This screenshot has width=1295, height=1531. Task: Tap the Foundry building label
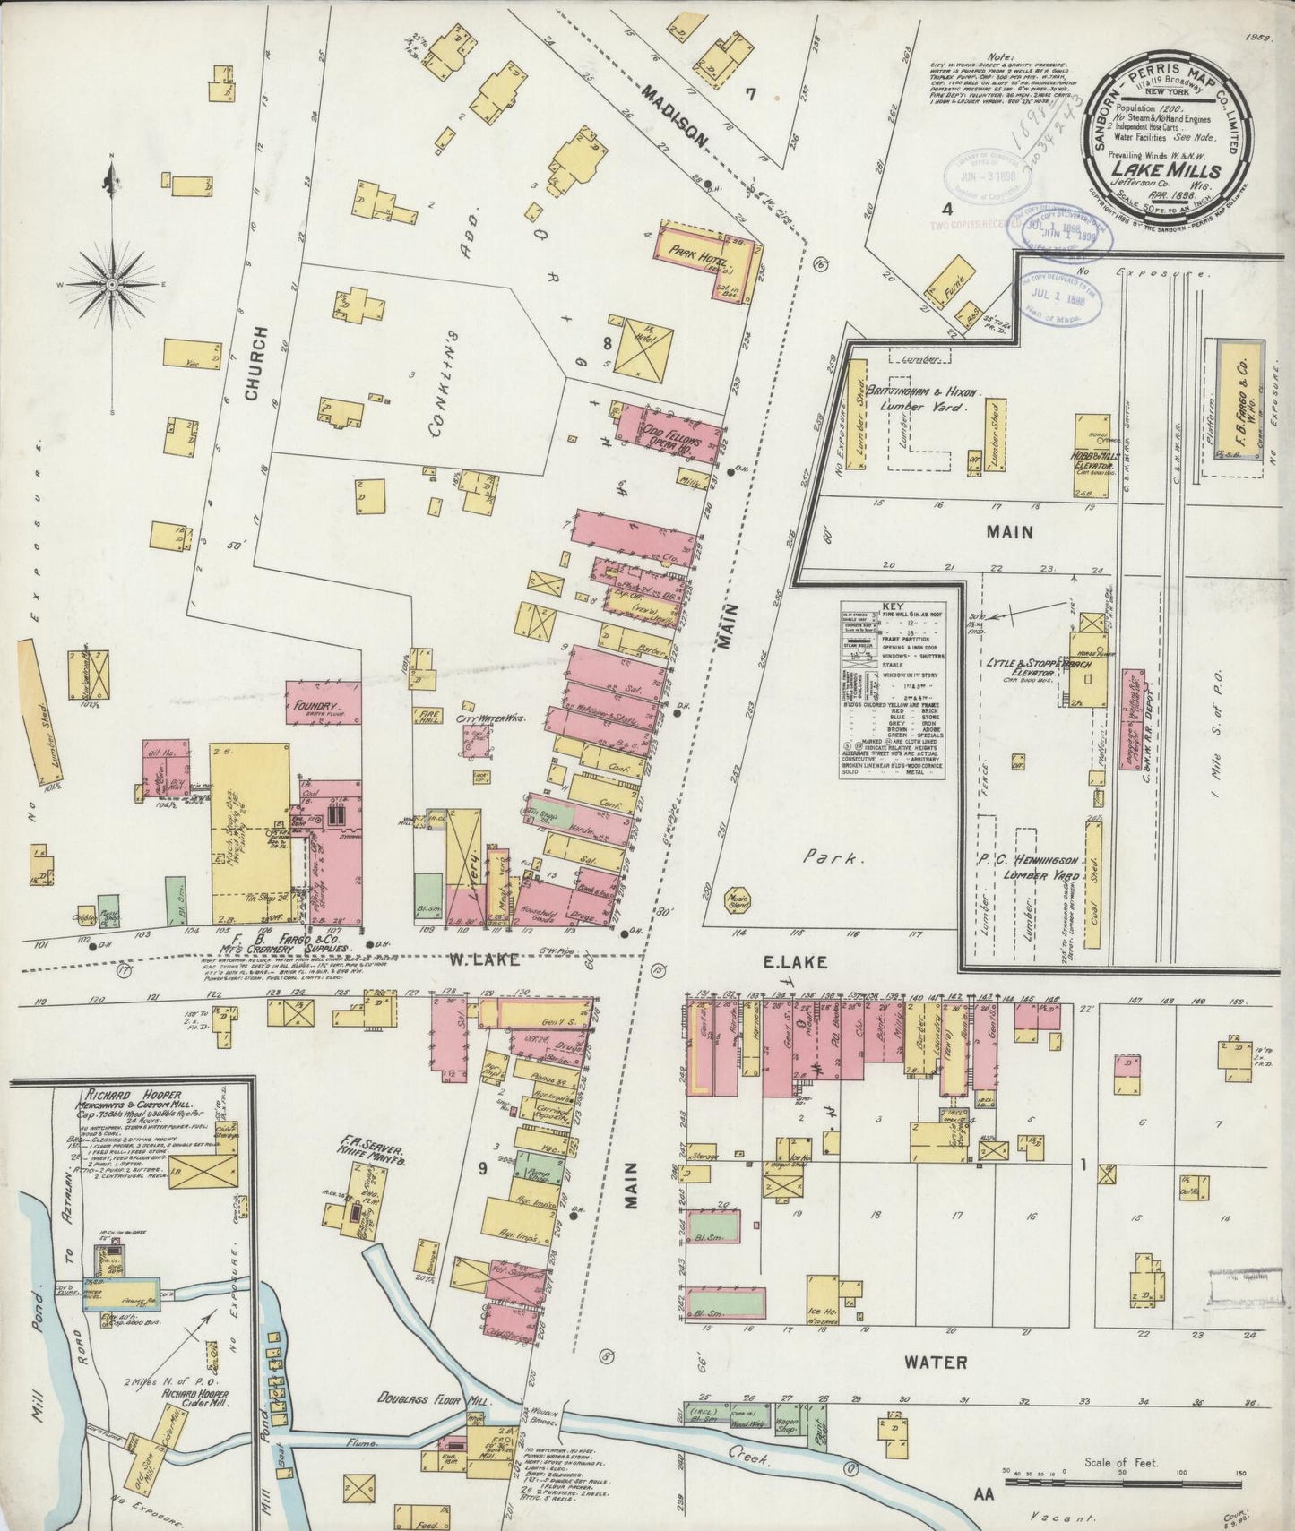click(x=313, y=706)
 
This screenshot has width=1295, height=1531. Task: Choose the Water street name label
click(x=935, y=1363)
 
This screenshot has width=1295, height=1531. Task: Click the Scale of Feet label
click(x=1121, y=1462)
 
